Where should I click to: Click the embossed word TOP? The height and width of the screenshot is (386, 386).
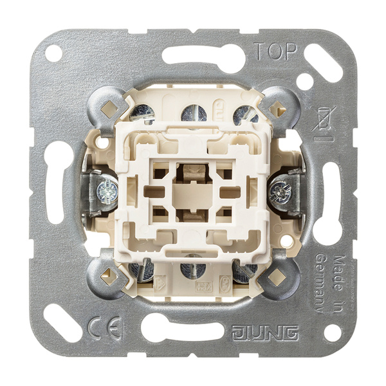(x=275, y=51)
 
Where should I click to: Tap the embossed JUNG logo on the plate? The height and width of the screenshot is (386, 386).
(x=265, y=333)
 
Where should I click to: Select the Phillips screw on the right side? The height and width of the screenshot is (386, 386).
(x=280, y=191)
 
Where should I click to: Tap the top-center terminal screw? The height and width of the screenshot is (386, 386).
(x=194, y=114)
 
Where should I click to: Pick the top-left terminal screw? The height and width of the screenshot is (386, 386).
(x=142, y=114)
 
